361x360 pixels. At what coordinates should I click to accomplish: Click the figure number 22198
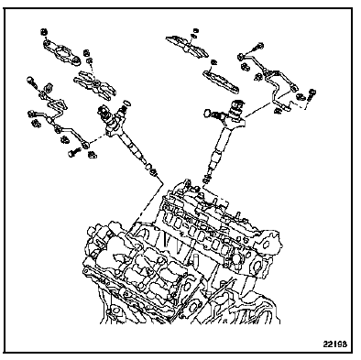(x=335, y=344)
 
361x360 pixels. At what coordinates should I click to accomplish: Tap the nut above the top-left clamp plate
(x=45, y=32)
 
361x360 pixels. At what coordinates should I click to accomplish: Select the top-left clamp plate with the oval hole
(x=61, y=52)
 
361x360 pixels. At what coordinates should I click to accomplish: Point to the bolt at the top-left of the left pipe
(x=32, y=82)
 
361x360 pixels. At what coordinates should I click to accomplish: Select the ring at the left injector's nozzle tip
(x=148, y=167)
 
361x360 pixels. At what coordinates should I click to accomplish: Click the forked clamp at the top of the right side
(x=186, y=47)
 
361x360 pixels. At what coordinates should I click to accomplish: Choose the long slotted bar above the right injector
(x=222, y=82)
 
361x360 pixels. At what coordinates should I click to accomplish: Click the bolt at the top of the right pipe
(x=257, y=48)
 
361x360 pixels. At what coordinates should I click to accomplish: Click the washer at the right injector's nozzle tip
(x=206, y=180)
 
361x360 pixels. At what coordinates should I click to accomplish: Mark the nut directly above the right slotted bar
(x=214, y=62)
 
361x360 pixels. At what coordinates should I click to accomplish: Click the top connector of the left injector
(x=103, y=113)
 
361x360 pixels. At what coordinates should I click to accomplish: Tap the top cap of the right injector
(x=236, y=104)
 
